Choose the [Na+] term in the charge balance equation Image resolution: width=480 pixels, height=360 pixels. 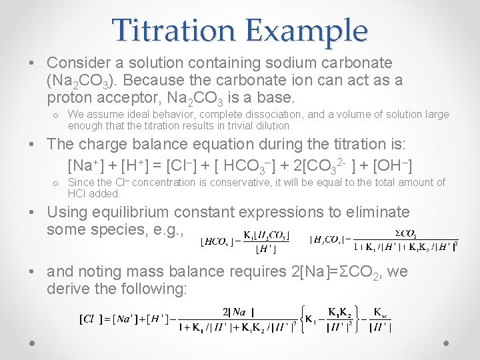click(x=85, y=164)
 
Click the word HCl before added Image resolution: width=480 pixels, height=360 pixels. click(x=77, y=193)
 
